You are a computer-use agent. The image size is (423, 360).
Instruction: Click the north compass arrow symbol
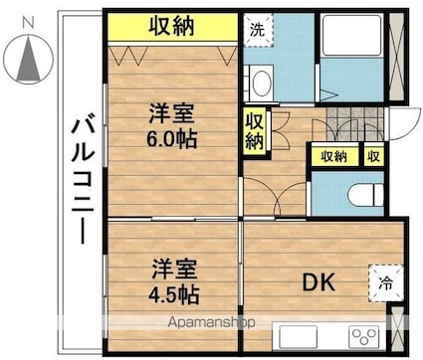point(29,59)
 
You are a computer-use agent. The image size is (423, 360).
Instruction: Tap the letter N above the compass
point(29,23)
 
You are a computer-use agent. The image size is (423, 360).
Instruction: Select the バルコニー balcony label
point(83,179)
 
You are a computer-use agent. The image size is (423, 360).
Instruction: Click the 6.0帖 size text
point(172,139)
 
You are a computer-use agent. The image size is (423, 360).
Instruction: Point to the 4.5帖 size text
point(173,295)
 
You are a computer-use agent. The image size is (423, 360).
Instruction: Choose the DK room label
point(318,282)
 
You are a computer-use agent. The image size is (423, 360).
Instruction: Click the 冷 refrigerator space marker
point(386,283)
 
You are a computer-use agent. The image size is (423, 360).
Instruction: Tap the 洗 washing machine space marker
point(258,30)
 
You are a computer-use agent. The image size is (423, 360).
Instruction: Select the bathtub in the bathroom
point(352,35)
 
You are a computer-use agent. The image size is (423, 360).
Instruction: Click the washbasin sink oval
point(262,83)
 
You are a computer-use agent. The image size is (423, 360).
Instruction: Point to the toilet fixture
point(366,194)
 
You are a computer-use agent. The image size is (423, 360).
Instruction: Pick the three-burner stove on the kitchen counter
point(363,336)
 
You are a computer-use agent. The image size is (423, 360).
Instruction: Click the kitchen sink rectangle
point(299,336)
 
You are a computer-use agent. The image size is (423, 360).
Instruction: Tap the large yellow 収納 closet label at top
point(171,27)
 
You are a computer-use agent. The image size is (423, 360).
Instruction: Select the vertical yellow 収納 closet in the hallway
point(255,131)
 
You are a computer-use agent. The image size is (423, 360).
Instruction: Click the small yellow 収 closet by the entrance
point(374,155)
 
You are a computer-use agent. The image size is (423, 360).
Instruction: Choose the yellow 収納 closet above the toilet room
point(334,156)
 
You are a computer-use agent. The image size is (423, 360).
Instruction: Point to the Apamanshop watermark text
point(211,322)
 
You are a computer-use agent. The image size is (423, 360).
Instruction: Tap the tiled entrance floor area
point(355,124)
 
